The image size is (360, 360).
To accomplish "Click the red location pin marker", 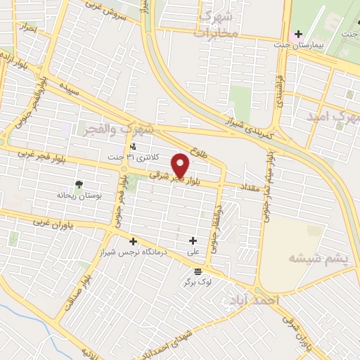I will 181,166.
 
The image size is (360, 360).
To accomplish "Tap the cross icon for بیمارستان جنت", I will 298,34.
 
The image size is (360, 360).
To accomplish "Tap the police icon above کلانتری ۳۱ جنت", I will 133,147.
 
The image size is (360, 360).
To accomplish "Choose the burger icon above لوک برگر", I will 197,271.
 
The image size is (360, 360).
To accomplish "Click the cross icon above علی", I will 192,240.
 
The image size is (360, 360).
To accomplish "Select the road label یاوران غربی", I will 63,223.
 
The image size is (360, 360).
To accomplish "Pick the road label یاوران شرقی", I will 296,331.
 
